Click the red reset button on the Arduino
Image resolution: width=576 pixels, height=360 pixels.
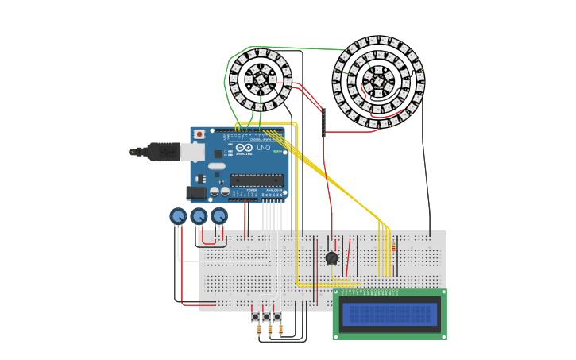(199, 134)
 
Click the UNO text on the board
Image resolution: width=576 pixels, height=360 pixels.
(263, 148)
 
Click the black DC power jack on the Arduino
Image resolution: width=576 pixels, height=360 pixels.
(195, 192)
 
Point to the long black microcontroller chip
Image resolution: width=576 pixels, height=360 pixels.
(256, 180)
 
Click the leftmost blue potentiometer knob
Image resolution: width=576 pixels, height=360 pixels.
(178, 216)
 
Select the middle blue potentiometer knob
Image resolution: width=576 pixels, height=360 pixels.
(199, 216)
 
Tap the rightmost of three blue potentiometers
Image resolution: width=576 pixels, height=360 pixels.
(219, 216)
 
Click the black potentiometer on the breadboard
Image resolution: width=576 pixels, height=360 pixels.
(332, 257)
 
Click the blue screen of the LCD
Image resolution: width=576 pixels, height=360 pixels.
(389, 314)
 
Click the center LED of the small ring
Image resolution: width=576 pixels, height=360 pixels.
(260, 79)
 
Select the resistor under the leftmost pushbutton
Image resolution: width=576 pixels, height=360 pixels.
(258, 331)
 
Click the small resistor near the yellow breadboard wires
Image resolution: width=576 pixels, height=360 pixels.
(392, 248)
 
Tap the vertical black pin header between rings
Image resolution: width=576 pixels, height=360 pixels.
(323, 122)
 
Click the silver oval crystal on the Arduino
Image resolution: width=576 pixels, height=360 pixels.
(217, 166)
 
